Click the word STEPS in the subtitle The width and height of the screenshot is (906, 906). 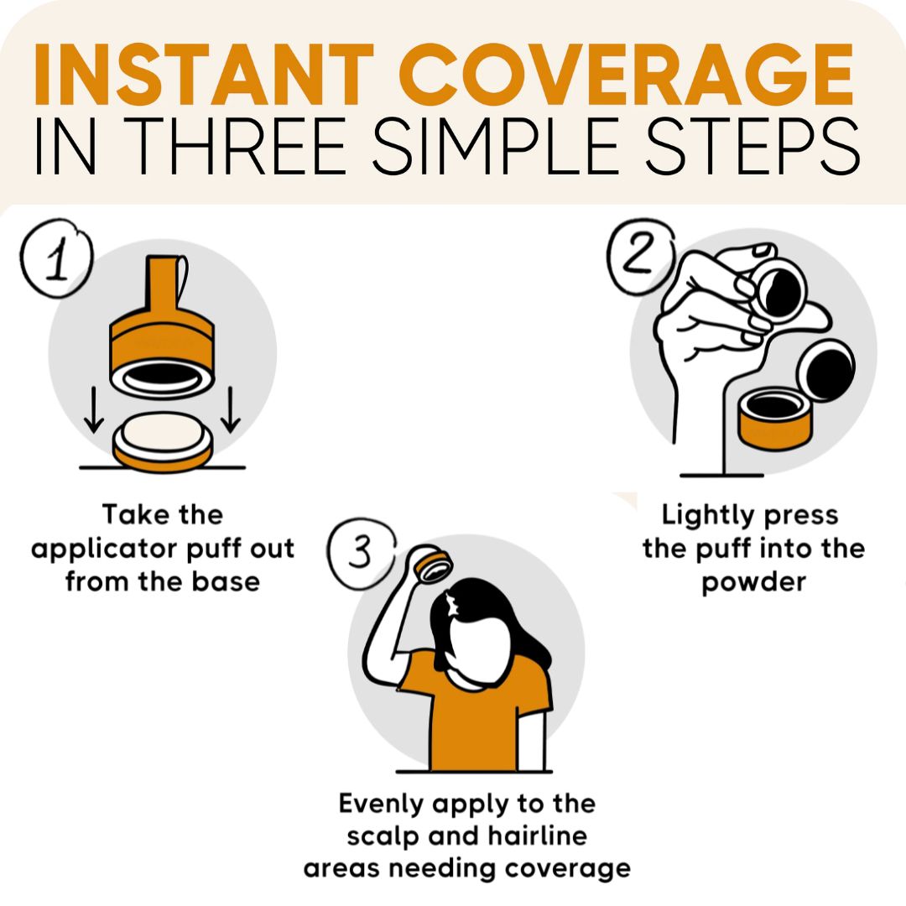[x=752, y=146]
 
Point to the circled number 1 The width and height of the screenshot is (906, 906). [x=56, y=258]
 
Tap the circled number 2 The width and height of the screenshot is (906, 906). [x=641, y=256]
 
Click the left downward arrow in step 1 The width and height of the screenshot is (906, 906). [x=94, y=409]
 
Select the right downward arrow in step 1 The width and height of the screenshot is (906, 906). [x=231, y=409]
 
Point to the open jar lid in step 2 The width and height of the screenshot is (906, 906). [x=826, y=371]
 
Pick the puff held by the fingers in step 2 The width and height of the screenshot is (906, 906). [x=779, y=288]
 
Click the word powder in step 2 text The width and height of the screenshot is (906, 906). [x=753, y=582]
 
